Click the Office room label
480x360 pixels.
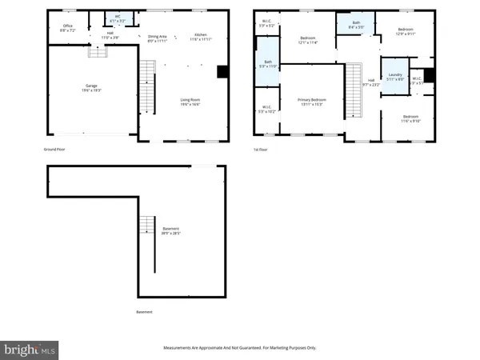pyautogui.click(x=66, y=28)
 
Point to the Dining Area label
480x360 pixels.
pyautogui.click(x=158, y=37)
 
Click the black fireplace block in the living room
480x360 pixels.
pyautogui.click(x=222, y=71)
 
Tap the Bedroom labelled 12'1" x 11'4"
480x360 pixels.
pyautogui.click(x=308, y=40)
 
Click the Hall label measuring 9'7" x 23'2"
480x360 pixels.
pyautogui.click(x=370, y=82)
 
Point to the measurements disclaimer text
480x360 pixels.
pyautogui.click(x=239, y=348)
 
